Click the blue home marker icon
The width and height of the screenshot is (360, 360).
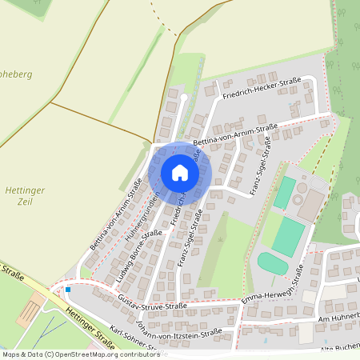[x=179, y=173]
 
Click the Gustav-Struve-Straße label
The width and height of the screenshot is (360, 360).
[x=152, y=305]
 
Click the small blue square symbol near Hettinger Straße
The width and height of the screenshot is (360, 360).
[x=68, y=289]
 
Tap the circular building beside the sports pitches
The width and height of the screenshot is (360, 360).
[x=300, y=198]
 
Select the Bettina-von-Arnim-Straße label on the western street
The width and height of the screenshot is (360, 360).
[x=116, y=216]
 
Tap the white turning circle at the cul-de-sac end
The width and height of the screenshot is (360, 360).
[x=183, y=98]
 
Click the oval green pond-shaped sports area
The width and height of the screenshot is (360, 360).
[x=273, y=263]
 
